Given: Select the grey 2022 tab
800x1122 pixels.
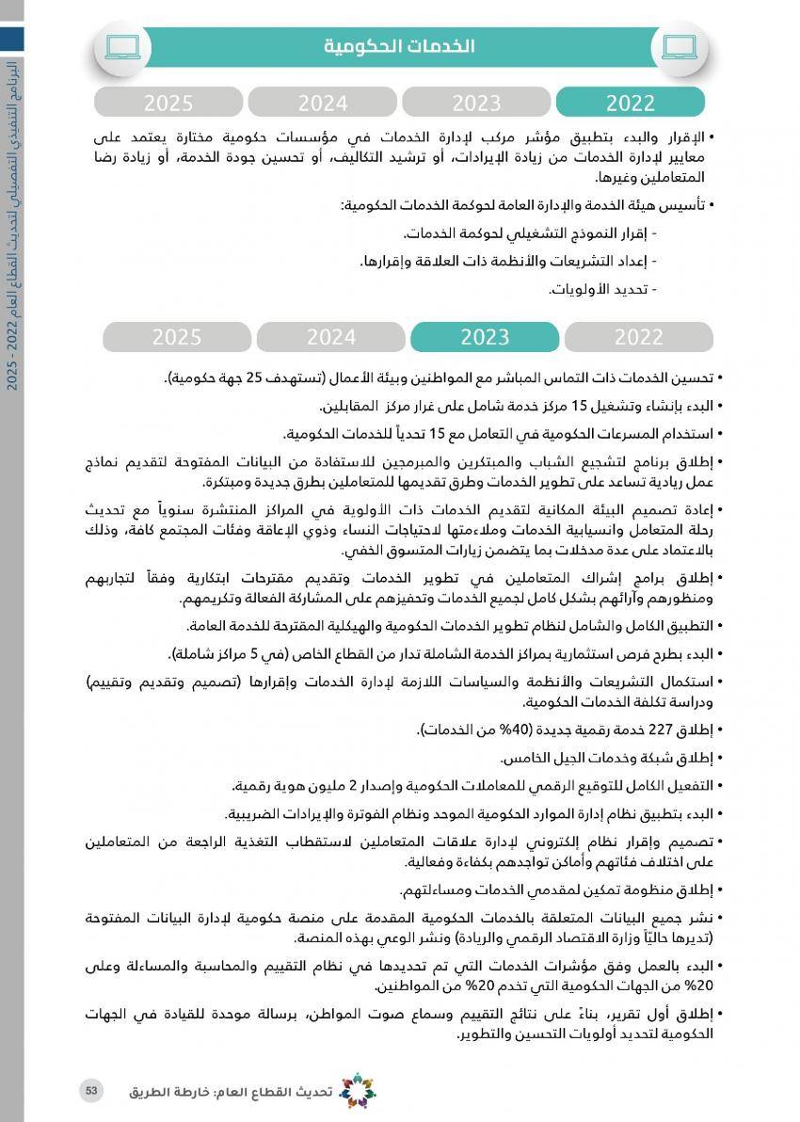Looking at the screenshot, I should (x=638, y=337).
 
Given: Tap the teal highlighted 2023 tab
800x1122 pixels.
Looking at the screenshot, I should (x=485, y=337).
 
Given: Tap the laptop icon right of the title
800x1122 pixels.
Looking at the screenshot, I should (x=680, y=46).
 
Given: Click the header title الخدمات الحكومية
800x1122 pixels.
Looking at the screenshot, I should (x=399, y=46).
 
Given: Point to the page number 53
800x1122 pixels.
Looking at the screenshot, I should (x=91, y=1090).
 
